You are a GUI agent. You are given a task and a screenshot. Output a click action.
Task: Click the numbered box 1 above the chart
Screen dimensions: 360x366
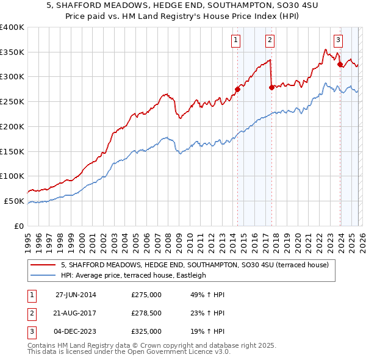(235, 41)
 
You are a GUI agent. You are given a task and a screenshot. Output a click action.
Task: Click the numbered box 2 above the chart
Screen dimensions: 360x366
(270, 41)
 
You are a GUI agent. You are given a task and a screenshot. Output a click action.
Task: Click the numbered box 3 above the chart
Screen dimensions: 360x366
(338, 41)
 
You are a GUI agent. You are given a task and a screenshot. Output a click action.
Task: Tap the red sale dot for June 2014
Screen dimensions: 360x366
(237, 89)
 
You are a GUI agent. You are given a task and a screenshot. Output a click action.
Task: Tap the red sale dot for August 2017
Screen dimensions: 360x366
(271, 87)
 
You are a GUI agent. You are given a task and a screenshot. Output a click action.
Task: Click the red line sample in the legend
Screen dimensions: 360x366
(44, 265)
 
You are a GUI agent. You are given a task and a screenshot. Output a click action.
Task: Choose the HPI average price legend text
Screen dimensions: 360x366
(134, 275)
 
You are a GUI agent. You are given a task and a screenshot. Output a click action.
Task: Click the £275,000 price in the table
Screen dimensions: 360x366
(146, 295)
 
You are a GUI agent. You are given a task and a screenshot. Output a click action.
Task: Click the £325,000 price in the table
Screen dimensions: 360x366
(146, 331)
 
